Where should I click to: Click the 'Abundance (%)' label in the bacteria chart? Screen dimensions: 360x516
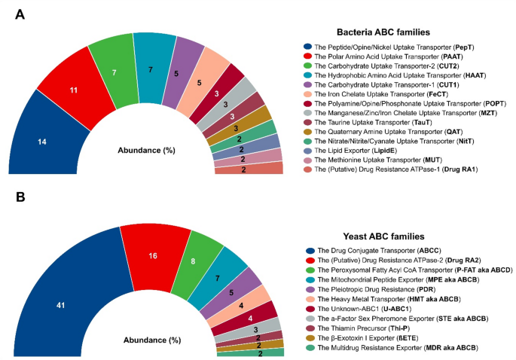pyautogui.click(x=148, y=149)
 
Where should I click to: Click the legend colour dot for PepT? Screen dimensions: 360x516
pyautogui.click(x=308, y=47)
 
